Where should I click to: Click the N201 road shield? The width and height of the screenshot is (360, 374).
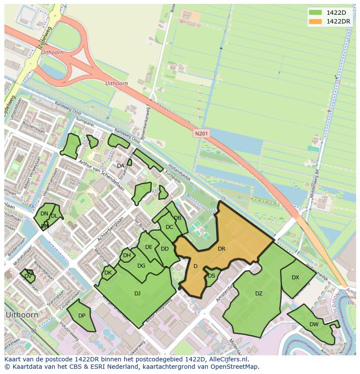201,134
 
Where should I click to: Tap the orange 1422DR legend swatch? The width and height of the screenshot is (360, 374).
316,21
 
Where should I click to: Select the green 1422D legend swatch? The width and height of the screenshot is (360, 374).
316,13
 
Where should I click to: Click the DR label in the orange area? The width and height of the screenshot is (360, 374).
221,249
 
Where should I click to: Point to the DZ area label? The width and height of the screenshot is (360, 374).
259,294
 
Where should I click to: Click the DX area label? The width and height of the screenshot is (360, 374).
295,278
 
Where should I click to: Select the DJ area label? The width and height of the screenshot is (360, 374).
137,294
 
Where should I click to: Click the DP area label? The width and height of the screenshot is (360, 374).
82,316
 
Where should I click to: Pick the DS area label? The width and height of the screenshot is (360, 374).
211,276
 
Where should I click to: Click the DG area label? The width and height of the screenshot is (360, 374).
141,266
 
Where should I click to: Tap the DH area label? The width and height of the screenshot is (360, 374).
127,255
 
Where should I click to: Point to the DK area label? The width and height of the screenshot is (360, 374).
108,273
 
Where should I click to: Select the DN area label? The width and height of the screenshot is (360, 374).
44,214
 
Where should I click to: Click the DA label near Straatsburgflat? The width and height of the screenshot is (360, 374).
120,166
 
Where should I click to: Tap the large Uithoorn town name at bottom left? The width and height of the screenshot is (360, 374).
21,314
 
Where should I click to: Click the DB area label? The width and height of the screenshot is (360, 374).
177,218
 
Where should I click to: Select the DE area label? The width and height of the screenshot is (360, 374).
149,247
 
